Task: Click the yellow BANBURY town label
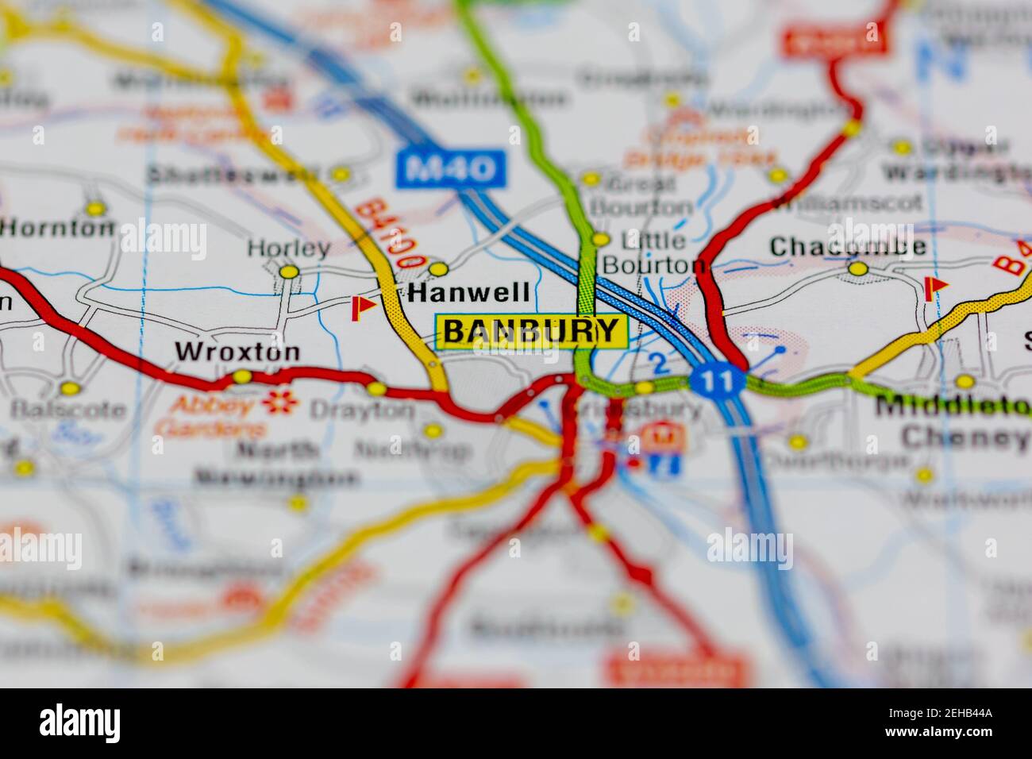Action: (531, 331)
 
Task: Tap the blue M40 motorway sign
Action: (451, 168)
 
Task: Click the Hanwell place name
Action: (469, 292)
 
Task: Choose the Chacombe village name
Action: (848, 246)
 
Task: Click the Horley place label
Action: (288, 248)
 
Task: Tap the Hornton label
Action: (58, 228)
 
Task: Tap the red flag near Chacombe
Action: (935, 287)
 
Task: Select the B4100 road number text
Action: (390, 234)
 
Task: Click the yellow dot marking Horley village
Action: (290, 272)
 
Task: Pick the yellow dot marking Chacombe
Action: (857, 269)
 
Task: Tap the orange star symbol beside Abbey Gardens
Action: (279, 403)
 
